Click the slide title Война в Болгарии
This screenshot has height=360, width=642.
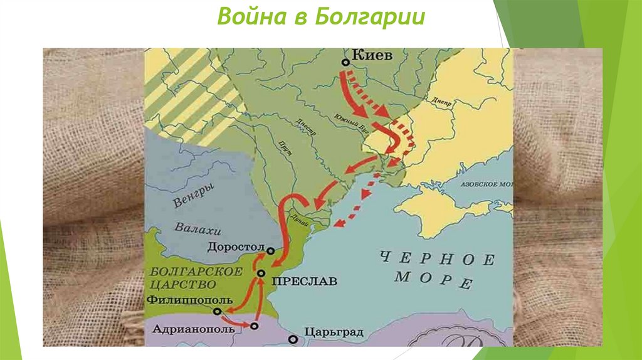[x=321, y=16]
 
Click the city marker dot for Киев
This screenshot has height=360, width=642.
[x=345, y=62]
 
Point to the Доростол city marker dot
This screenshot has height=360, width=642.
[x=270, y=250]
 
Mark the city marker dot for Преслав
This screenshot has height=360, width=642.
[x=261, y=274]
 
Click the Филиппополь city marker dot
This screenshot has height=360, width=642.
[x=217, y=311]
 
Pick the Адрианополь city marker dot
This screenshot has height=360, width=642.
[x=254, y=326]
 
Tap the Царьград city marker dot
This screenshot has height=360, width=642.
[x=293, y=339]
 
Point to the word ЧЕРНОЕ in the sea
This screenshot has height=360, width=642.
[x=437, y=258]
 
